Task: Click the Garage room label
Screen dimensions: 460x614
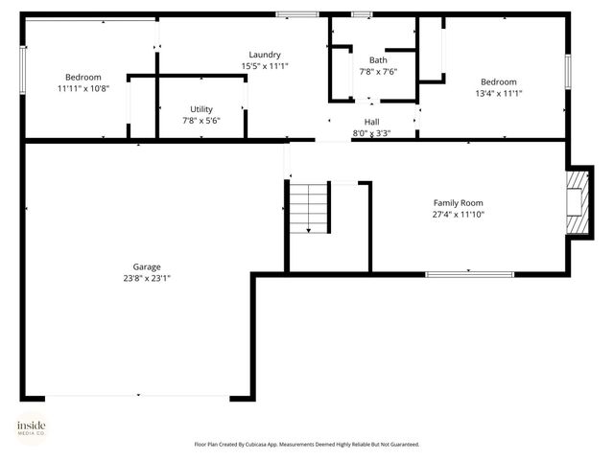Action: [147, 266]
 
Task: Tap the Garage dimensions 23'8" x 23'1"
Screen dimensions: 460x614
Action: [147, 278]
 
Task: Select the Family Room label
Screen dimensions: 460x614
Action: [458, 203]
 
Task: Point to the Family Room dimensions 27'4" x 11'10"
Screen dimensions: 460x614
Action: [458, 215]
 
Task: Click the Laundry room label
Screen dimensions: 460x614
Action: [264, 55]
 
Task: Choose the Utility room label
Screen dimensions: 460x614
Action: [201, 109]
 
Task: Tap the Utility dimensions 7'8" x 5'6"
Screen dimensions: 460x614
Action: [201, 121]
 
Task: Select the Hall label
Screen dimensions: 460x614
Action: [371, 122]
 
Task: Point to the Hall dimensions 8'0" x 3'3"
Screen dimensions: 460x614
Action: [371, 133]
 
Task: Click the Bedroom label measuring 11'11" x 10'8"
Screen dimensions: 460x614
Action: [83, 78]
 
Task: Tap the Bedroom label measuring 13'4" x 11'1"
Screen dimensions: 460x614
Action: [498, 82]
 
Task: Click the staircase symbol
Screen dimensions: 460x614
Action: [309, 208]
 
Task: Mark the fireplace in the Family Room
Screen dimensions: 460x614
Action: [576, 201]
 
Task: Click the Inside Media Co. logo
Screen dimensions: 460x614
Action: [31, 427]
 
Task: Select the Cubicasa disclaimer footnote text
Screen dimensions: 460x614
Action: [306, 445]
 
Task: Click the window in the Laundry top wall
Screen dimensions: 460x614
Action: [296, 13]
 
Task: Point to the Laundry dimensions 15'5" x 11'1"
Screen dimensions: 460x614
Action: [264, 66]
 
